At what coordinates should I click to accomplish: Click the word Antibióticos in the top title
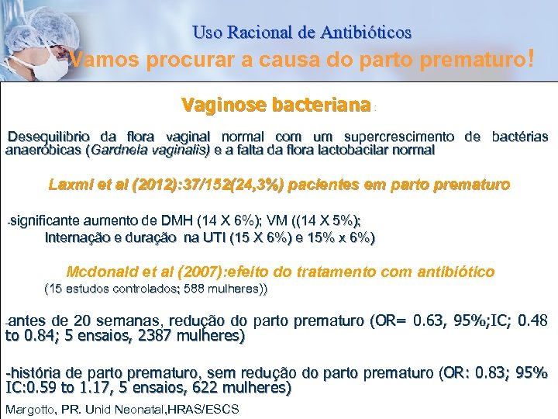click(x=364, y=33)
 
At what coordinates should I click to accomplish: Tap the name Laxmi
click(x=68, y=185)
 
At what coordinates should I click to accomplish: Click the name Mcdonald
click(x=100, y=272)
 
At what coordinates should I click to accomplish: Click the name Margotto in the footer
click(x=31, y=409)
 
